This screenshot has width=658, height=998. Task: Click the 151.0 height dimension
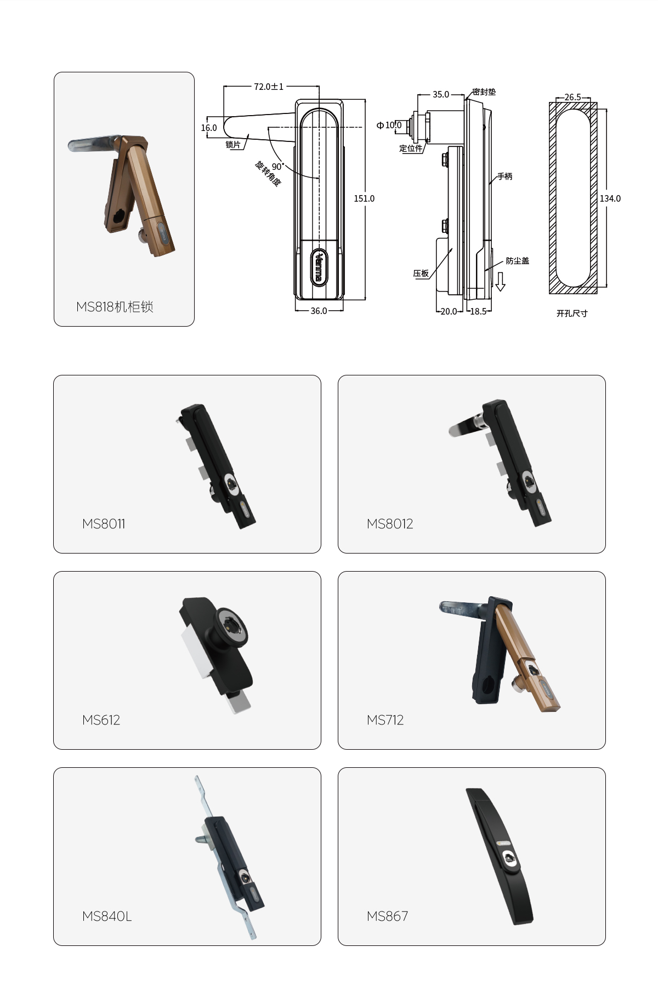364,198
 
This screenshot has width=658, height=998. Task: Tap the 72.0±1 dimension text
269,87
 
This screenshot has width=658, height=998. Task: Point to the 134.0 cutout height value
610,198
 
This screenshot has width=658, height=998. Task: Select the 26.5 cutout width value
572,97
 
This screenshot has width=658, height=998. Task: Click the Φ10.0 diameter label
389,126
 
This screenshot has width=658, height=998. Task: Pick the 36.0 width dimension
319,311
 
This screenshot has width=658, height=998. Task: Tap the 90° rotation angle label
278,166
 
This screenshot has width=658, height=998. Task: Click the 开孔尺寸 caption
572,313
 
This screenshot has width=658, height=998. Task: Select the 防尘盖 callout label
518,261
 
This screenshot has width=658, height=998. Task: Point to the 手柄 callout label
504,176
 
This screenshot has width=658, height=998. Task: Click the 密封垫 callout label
484,92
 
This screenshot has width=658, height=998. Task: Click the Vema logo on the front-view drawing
319,267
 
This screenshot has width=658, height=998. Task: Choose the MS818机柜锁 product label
115,307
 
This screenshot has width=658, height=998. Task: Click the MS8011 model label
104,524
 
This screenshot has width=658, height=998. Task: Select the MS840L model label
107,916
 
